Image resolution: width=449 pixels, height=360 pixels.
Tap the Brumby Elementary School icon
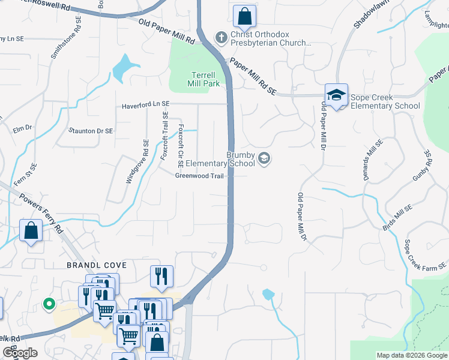tap(264, 159)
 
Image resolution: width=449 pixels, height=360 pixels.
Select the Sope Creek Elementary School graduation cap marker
tap(336, 95)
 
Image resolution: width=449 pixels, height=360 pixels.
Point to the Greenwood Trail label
tap(194, 176)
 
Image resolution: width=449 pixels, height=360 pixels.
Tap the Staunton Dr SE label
tap(91, 130)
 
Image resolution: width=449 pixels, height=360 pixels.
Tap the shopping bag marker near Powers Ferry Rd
tap(31, 230)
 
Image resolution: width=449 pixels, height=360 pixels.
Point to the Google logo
tap(20, 353)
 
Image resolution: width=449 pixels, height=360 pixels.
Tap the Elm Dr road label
tap(22, 128)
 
